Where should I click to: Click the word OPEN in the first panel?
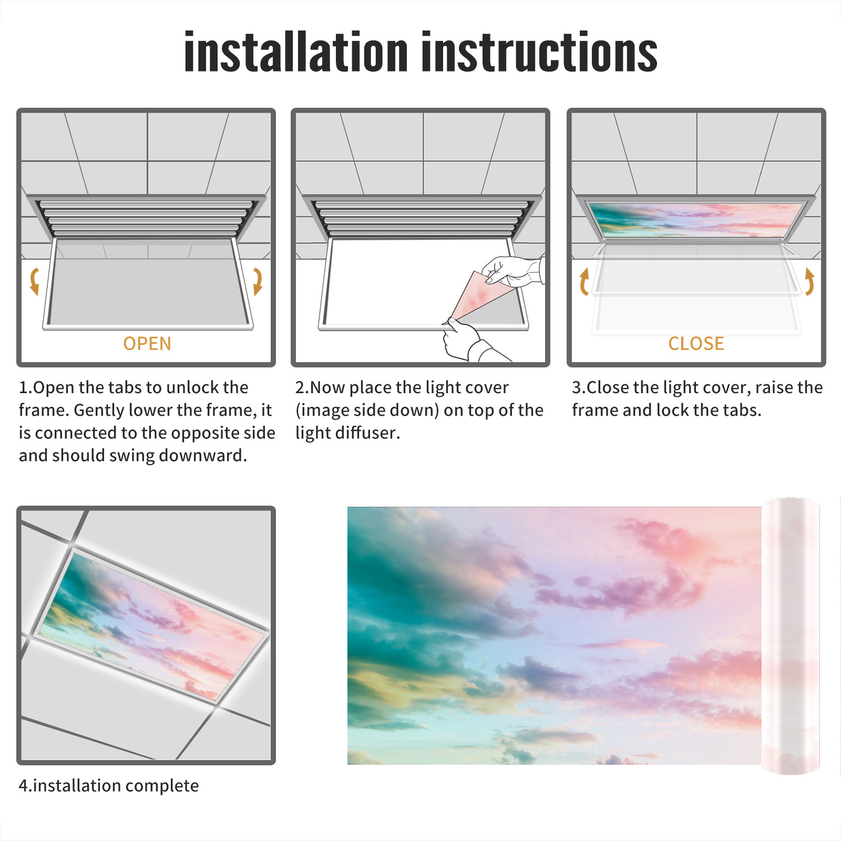[x=147, y=344]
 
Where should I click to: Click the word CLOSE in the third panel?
[x=696, y=344]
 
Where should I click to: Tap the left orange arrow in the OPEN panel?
[x=35, y=281]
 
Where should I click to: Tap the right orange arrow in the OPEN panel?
[x=258, y=281]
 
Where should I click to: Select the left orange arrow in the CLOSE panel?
[x=583, y=281]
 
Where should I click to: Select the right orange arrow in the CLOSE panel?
[x=810, y=281]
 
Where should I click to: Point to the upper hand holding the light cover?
[x=512, y=271]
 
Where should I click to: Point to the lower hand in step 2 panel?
[x=470, y=342]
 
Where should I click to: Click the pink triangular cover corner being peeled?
[x=478, y=297]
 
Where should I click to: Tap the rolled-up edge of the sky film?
[x=791, y=636]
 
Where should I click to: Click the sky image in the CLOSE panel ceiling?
[x=696, y=220]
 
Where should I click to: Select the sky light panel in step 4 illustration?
[x=152, y=625]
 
